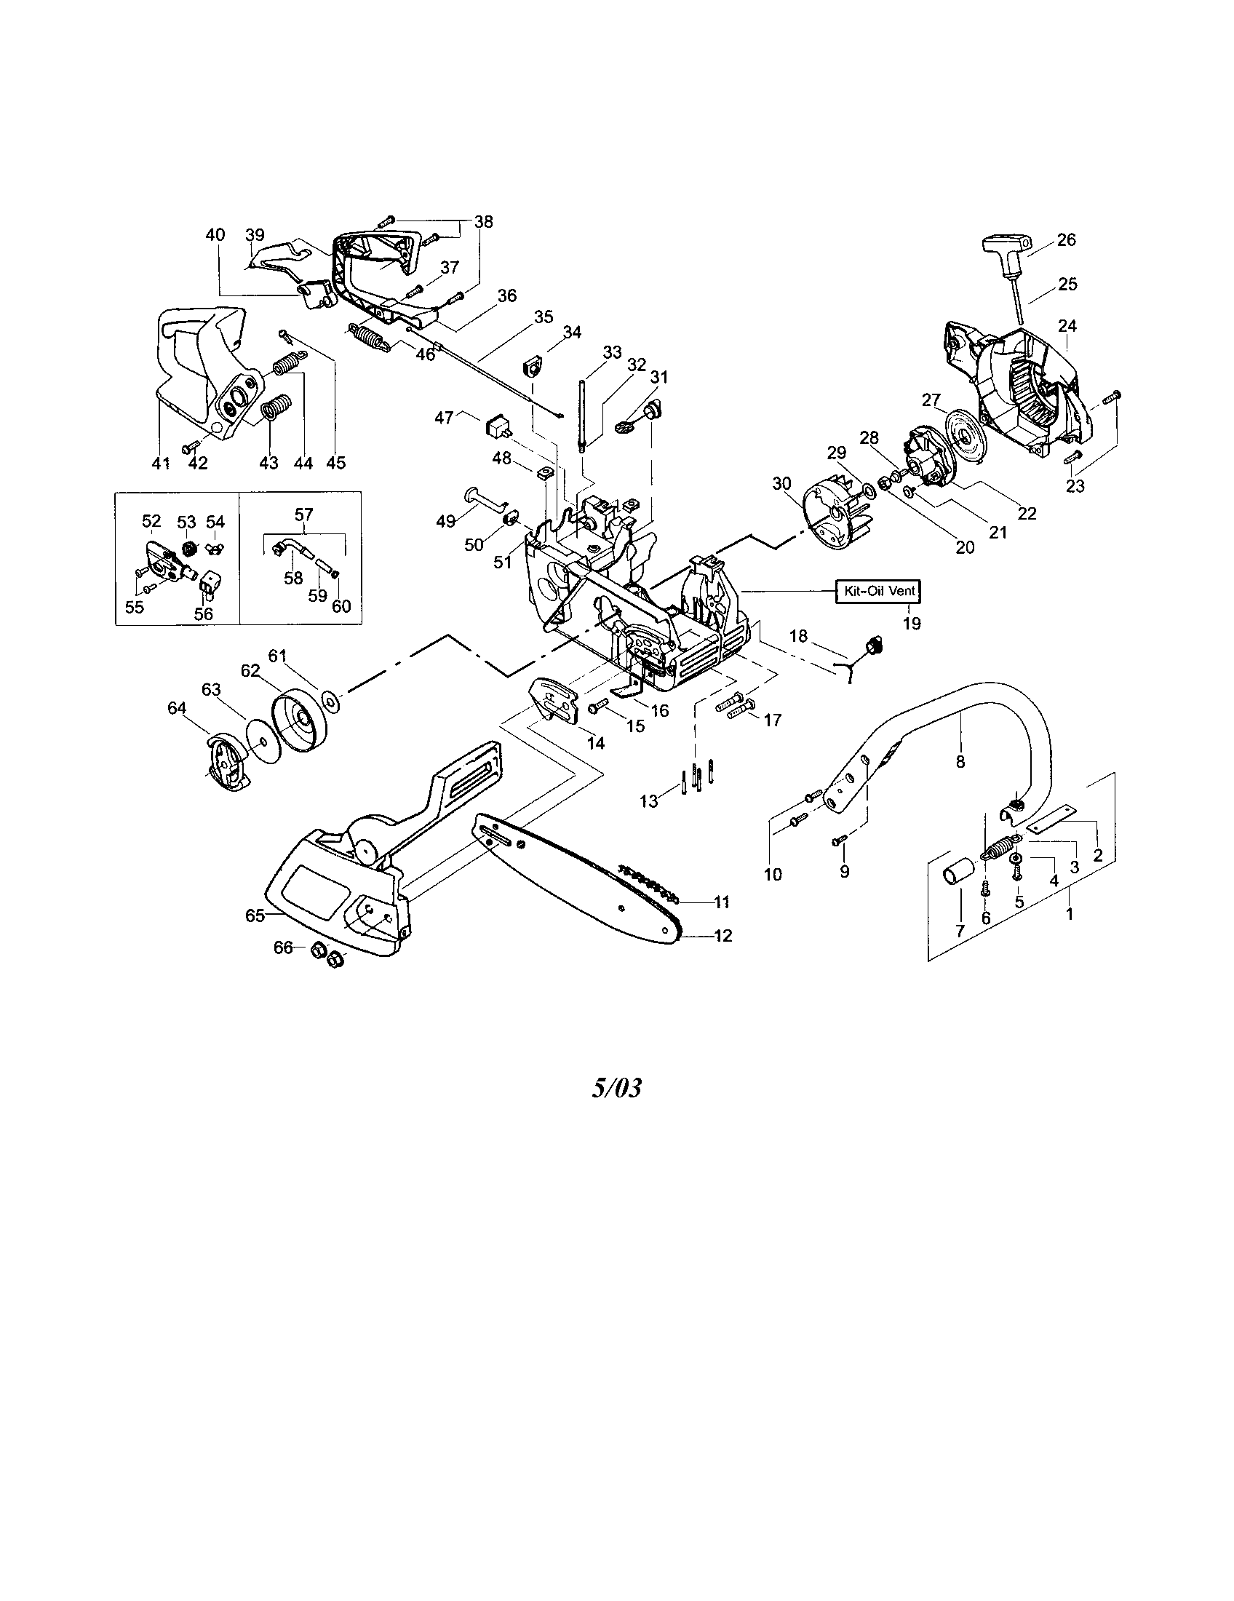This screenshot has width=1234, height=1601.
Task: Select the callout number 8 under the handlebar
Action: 960,763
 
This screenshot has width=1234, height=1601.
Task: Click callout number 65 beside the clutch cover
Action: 254,916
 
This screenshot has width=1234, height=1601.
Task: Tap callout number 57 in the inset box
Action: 304,515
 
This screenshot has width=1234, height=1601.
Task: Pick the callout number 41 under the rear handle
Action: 161,464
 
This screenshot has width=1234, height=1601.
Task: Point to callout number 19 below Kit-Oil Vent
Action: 912,624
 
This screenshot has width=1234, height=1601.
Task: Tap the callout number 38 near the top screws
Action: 484,221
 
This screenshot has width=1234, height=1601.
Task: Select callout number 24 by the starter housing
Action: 1067,325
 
